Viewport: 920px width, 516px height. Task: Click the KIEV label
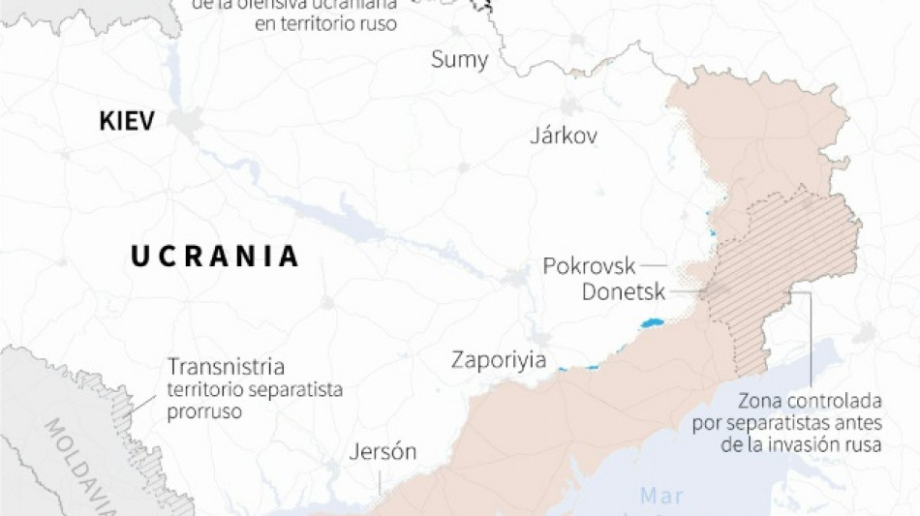point(128,121)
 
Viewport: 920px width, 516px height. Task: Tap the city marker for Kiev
point(185,122)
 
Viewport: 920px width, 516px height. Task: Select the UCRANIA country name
point(215,257)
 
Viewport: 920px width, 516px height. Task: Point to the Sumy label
point(460,60)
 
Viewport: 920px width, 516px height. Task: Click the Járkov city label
point(564,136)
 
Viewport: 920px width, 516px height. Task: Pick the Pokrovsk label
point(589,266)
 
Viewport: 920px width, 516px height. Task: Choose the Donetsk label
point(624,291)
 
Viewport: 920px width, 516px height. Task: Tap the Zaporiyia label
point(498,360)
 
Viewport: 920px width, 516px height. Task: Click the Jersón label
point(383,452)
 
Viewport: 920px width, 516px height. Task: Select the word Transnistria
point(227,368)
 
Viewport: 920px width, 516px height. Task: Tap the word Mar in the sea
point(661,497)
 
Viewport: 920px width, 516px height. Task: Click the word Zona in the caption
point(760,400)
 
